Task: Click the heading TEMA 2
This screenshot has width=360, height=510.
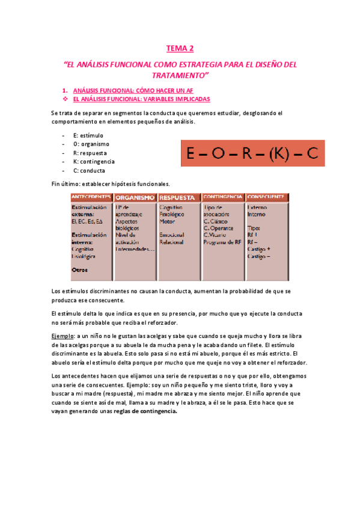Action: pos(180,48)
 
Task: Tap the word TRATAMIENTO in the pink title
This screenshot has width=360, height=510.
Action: pos(180,75)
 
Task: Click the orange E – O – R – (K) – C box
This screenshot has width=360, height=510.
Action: pos(252,153)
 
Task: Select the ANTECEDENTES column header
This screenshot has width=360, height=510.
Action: pos(92,197)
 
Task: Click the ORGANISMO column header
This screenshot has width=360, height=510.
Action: pos(135,197)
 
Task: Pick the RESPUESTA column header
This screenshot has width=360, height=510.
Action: pos(178,197)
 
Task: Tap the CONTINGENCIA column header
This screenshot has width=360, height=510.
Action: pos(223,197)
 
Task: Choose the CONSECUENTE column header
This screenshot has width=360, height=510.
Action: pos(266,197)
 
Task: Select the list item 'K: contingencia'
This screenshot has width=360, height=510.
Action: pos(94,161)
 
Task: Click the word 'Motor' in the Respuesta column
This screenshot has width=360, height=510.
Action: pos(167,221)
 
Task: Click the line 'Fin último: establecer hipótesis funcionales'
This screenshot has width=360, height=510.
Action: pos(111,183)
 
